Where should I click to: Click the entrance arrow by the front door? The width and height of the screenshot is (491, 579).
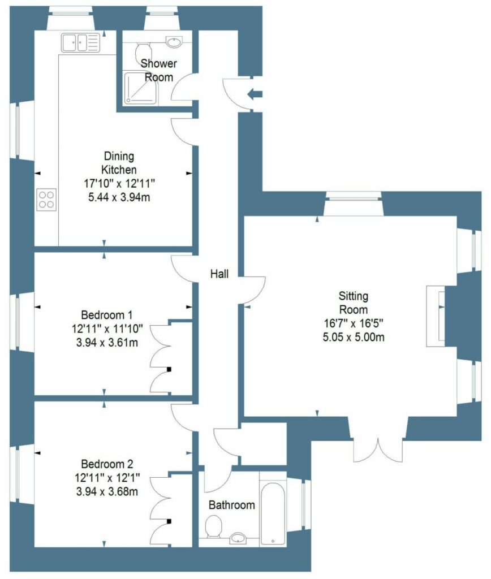click(x=256, y=94)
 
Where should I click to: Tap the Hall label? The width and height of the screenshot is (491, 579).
click(x=219, y=274)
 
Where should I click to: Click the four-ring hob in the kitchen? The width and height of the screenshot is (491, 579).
click(x=46, y=199)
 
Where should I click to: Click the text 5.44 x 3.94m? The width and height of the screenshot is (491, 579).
click(x=119, y=197)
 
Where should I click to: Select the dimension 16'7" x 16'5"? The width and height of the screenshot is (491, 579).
click(x=354, y=324)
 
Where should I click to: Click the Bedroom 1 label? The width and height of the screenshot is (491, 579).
click(x=107, y=315)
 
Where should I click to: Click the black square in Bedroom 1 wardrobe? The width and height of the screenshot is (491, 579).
click(x=169, y=370)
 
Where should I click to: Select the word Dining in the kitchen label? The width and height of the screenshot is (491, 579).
click(x=119, y=155)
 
